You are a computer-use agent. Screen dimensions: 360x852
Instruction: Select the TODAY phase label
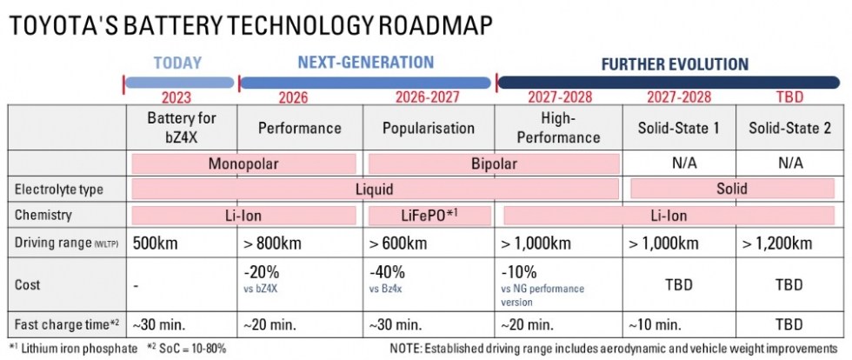[177, 63]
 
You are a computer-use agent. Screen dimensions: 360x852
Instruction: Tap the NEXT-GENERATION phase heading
[365, 63]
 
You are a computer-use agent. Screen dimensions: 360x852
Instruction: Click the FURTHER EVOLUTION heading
[675, 63]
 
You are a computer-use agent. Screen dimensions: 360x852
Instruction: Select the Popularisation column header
[429, 128]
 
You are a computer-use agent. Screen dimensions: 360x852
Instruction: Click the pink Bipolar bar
[493, 163]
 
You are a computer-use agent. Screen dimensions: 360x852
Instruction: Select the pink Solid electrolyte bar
[730, 189]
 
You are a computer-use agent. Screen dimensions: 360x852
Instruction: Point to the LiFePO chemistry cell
[429, 215]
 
